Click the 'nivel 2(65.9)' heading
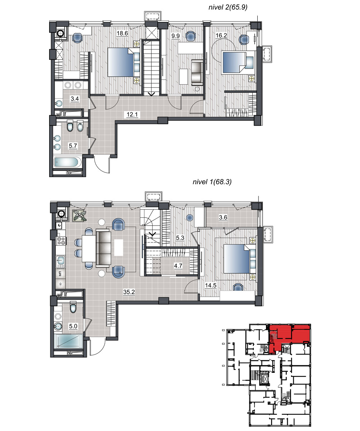(228, 7)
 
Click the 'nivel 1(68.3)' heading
(212, 182)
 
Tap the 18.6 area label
(122, 33)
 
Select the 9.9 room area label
(176, 36)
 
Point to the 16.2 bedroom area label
(221, 36)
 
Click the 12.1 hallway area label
(132, 114)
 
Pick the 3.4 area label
(75, 99)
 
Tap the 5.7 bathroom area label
(73, 146)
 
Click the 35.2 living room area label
(129, 292)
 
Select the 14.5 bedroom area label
(211, 286)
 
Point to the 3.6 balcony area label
(223, 217)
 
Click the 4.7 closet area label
(178, 266)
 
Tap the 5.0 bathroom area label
(73, 326)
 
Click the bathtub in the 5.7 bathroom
(66, 162)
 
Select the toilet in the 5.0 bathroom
(73, 306)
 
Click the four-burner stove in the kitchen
(61, 241)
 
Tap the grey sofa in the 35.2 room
(104, 248)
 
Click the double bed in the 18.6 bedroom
(124, 62)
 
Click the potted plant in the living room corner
(79, 216)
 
